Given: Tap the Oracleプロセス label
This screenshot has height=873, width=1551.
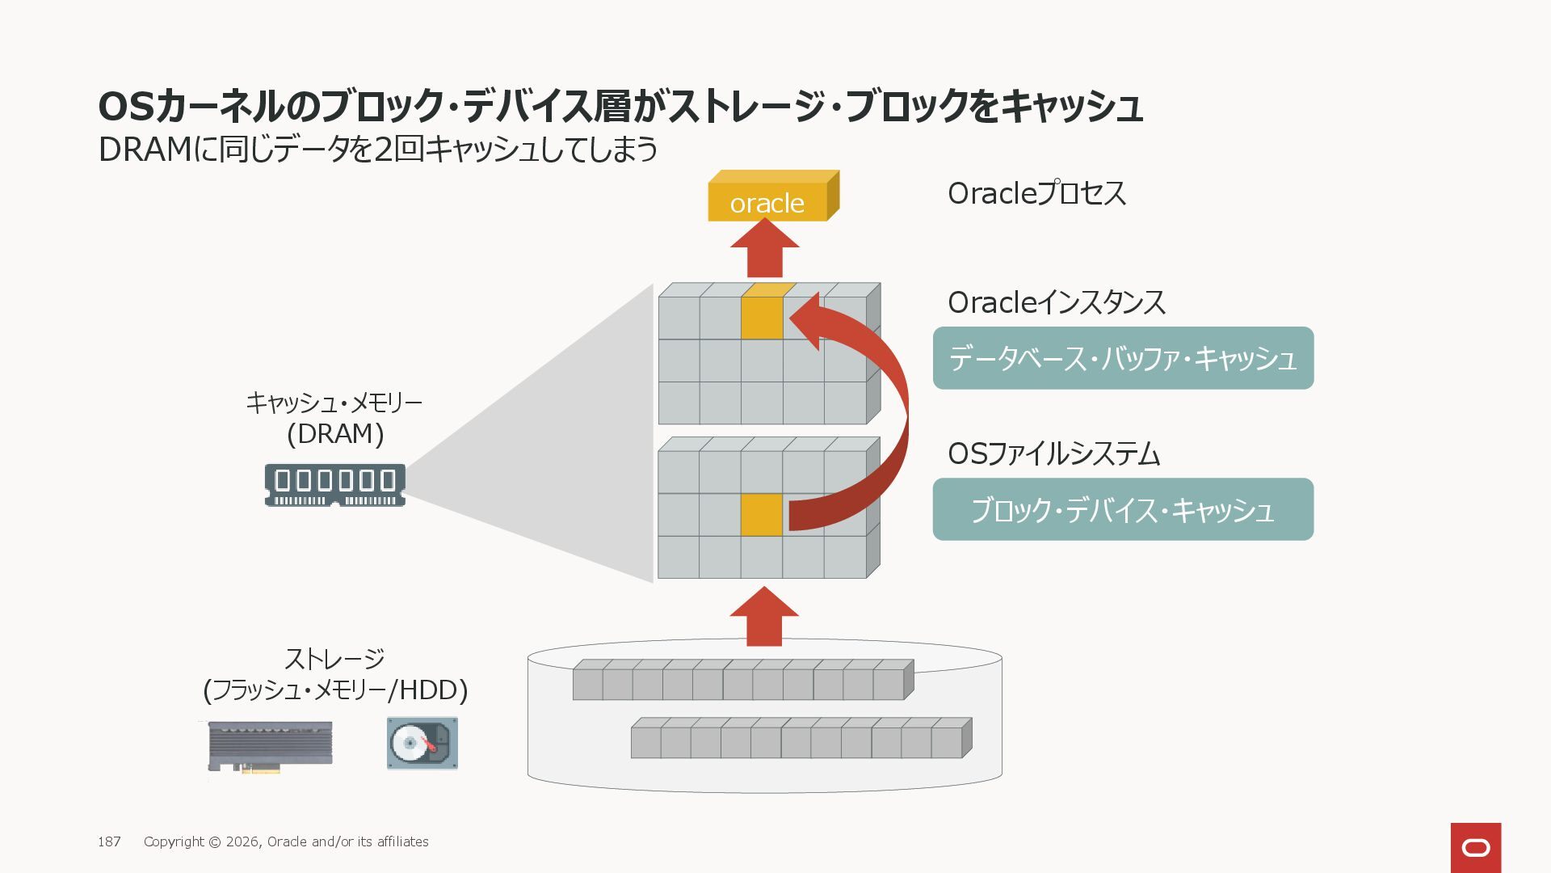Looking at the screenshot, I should pyautogui.click(x=1036, y=194).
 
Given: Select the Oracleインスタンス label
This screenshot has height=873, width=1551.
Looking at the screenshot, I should pyautogui.click(x=1057, y=303).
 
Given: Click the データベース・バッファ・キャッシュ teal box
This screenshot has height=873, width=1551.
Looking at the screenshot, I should pyautogui.click(x=1123, y=358).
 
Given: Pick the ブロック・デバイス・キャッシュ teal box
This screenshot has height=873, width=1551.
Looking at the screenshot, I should pyautogui.click(x=1123, y=509).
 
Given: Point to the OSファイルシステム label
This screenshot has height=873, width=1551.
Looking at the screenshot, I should pyautogui.click(x=1053, y=454).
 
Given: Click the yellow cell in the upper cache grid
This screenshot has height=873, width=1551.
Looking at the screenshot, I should pyautogui.click(x=762, y=317).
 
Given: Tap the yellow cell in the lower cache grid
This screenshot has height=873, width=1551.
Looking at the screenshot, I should pyautogui.click(x=761, y=514).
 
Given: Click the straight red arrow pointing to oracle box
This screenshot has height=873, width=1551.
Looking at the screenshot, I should pyautogui.click(x=764, y=251).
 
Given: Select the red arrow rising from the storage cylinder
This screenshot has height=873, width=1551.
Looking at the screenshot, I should pyautogui.click(x=764, y=618).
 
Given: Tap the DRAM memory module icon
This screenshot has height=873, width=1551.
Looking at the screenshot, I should pyautogui.click(x=335, y=485).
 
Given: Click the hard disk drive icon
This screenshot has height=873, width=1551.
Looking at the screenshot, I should pyautogui.click(x=422, y=744).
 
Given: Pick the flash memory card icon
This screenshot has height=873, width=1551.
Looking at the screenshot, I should pyautogui.click(x=271, y=745).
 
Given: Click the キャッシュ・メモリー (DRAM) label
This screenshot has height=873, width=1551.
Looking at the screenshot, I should pyautogui.click(x=334, y=418).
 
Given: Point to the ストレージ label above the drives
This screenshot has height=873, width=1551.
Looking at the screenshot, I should pyautogui.click(x=334, y=660).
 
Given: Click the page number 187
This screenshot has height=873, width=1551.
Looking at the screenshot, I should pyautogui.click(x=109, y=841).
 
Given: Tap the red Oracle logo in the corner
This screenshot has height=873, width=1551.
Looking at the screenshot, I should pyautogui.click(x=1476, y=848).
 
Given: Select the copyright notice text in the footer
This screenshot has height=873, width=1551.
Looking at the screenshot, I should pyautogui.click(x=286, y=841).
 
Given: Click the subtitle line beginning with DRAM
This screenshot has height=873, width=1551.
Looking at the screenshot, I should pyautogui.click(x=377, y=150).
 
